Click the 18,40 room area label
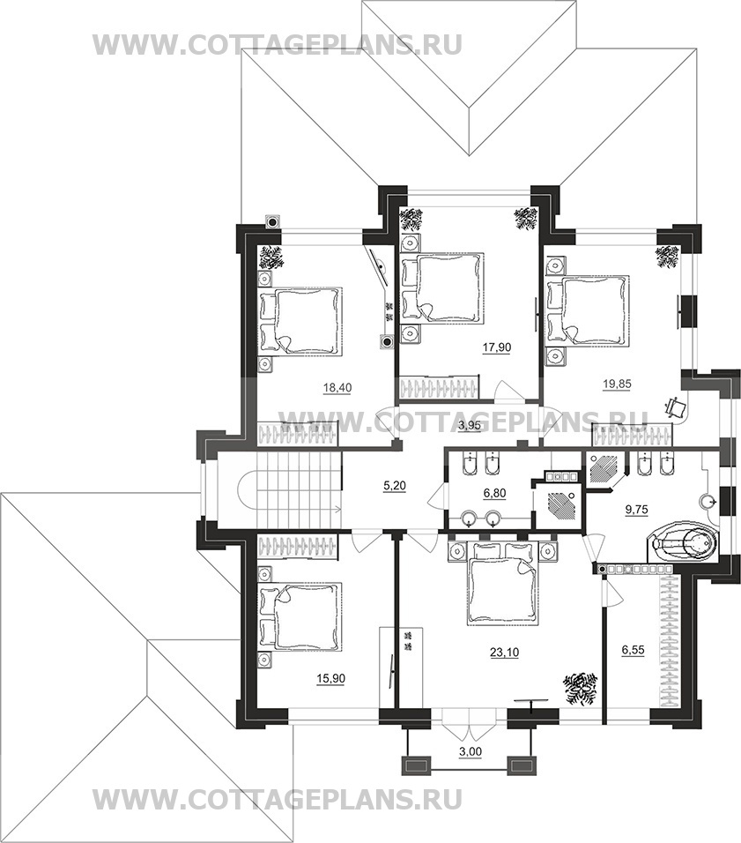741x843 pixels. [337, 387]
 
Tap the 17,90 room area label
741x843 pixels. [497, 347]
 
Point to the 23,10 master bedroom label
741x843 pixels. [504, 653]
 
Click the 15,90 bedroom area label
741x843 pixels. [331, 678]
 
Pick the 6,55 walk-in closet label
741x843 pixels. [633, 650]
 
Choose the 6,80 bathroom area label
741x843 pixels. [495, 492]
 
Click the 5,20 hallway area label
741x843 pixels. [395, 486]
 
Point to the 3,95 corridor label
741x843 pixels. [469, 426]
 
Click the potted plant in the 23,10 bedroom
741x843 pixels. [581, 688]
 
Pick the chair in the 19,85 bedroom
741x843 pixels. [676, 407]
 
